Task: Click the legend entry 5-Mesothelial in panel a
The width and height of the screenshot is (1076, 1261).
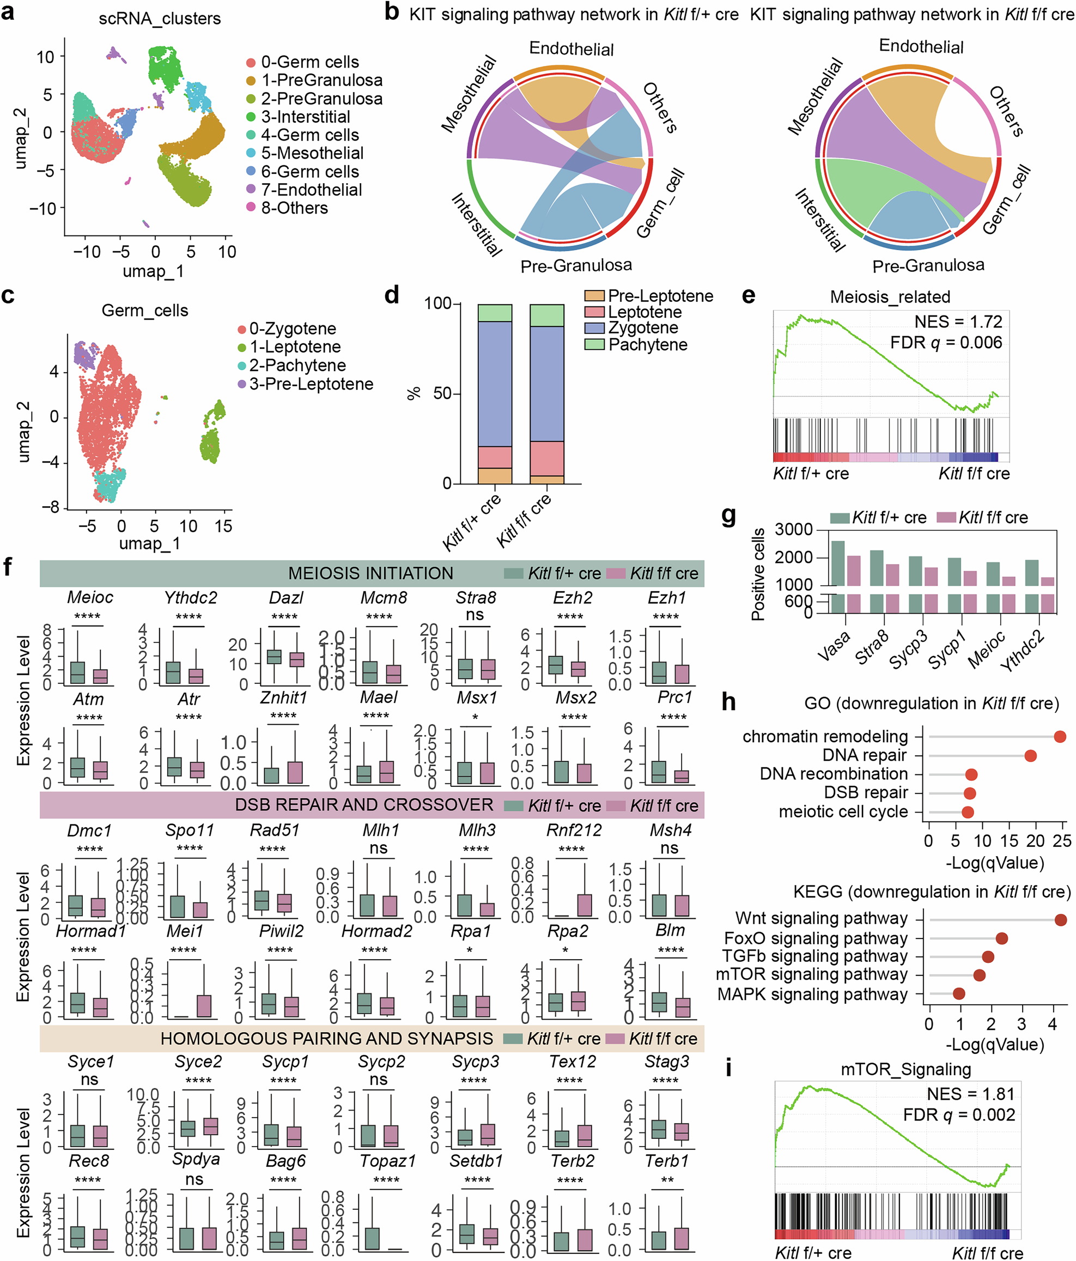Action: [x=312, y=153]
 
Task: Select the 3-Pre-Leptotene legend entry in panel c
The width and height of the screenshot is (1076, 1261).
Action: [x=311, y=384]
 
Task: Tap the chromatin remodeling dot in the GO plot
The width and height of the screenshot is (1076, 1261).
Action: [x=1060, y=736]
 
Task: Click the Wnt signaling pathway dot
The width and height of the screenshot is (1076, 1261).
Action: [x=1060, y=919]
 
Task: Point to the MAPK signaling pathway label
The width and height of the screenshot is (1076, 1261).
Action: [x=812, y=994]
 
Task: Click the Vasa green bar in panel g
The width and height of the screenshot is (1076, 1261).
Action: [x=838, y=562]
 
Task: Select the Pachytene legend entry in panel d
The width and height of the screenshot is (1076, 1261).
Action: [x=648, y=345]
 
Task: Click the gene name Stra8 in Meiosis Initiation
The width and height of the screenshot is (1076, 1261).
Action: [x=475, y=598]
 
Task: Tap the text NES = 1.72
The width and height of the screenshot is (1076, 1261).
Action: [x=958, y=322]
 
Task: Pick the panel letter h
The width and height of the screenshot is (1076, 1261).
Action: [x=728, y=702]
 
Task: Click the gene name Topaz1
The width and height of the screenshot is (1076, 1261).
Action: [x=387, y=1161]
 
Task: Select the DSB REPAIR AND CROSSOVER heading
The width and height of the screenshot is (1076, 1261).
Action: [x=364, y=804]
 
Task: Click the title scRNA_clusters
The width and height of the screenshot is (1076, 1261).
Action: [x=160, y=19]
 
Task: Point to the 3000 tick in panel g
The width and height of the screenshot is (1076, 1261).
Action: [x=794, y=530]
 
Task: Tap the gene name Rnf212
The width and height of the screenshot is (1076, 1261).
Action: [x=573, y=830]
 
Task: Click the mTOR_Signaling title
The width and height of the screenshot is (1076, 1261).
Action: [x=905, y=1069]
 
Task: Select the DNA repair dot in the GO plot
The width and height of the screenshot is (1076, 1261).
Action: [x=1030, y=755]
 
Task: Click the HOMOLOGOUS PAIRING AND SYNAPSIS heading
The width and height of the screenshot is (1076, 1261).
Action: [x=327, y=1038]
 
